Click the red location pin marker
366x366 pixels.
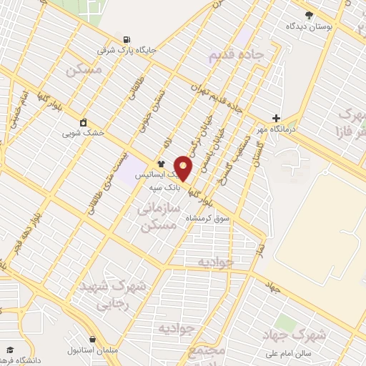tap(184, 168)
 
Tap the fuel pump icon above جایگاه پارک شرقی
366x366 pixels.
tap(127, 39)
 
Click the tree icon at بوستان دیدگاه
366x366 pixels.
tap(309, 14)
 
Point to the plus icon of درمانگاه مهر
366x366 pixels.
tap(276, 118)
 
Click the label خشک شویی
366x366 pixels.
tap(83, 133)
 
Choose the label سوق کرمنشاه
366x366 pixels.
tap(208, 217)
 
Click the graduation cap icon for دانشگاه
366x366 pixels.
tap(10, 350)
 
